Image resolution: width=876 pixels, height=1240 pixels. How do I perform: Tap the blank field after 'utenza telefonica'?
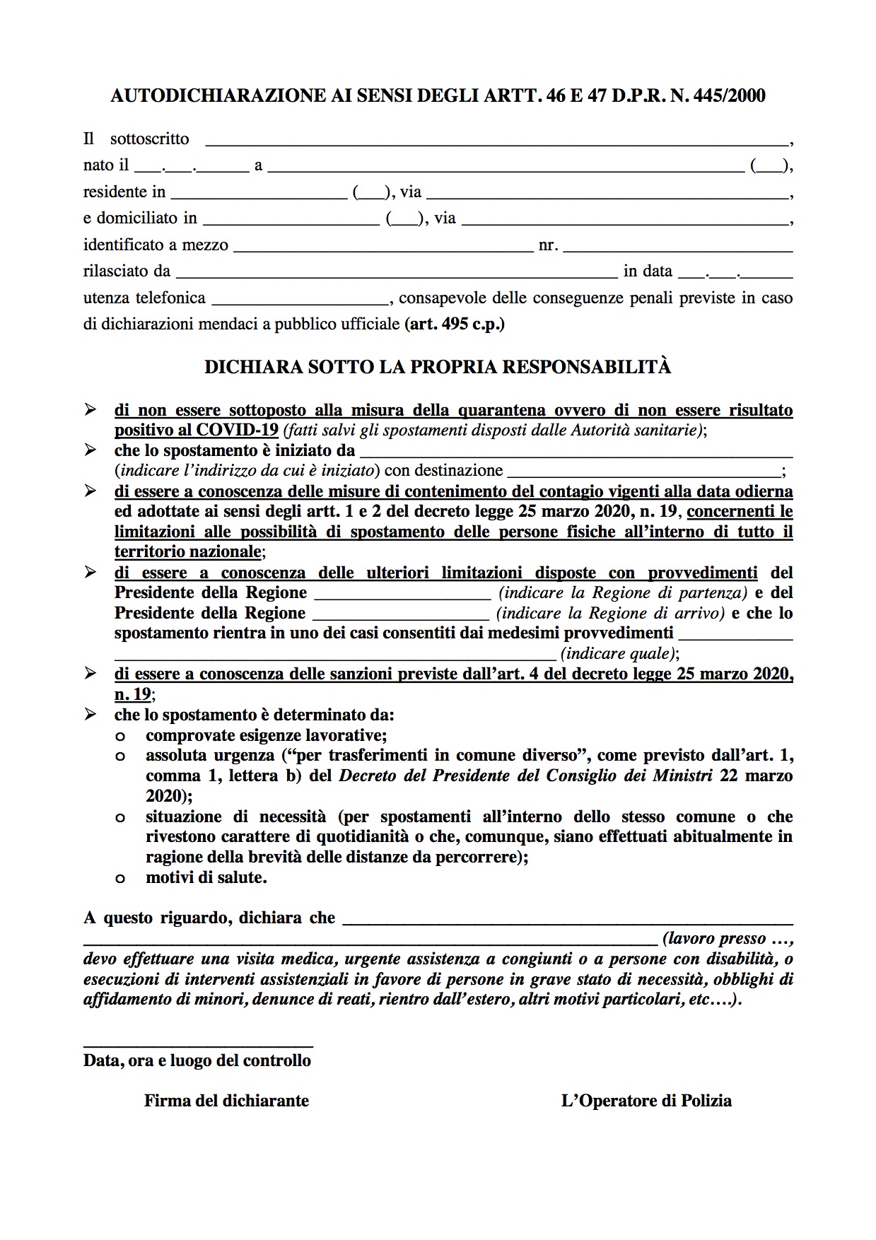300,300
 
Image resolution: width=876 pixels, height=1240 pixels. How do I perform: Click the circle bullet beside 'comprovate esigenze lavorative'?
120,736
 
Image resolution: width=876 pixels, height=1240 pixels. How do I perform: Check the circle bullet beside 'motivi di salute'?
120,879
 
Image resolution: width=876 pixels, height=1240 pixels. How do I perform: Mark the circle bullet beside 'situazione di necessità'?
120,818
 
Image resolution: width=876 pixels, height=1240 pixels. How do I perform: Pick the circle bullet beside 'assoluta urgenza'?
120,756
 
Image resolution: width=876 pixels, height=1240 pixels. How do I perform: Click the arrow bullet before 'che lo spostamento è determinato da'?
90,715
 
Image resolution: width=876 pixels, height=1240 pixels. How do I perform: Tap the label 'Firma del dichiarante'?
226,1101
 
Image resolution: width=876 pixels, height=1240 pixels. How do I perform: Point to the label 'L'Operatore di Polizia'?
646,1101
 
